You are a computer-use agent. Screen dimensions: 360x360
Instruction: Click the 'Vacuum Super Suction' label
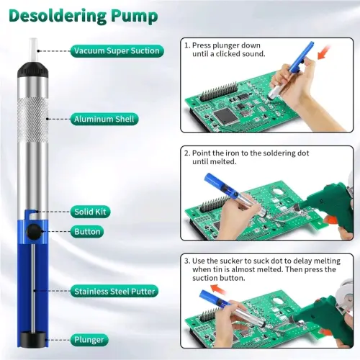click(117, 51)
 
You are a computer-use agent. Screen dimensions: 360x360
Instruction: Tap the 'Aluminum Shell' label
click(104, 119)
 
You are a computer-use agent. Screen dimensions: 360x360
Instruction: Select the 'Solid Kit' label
click(90, 212)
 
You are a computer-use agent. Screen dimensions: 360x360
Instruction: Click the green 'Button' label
click(87, 232)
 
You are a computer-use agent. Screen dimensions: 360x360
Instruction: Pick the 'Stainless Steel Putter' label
click(114, 292)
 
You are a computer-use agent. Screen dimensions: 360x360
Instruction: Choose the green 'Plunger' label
click(89, 340)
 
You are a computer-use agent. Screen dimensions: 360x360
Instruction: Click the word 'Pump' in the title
click(135, 17)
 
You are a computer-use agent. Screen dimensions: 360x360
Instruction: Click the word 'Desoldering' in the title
click(58, 16)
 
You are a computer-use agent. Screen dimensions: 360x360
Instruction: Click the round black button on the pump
click(34, 231)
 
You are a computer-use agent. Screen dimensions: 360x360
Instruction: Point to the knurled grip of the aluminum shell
click(33, 120)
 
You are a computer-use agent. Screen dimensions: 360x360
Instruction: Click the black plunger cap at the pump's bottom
click(33, 339)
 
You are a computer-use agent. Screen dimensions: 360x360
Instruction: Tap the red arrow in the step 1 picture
click(323, 54)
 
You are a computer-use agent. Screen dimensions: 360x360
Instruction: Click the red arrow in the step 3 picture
click(218, 289)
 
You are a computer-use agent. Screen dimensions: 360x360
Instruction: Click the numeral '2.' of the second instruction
click(187, 153)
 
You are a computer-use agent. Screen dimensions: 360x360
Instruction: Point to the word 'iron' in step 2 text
click(233, 153)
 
